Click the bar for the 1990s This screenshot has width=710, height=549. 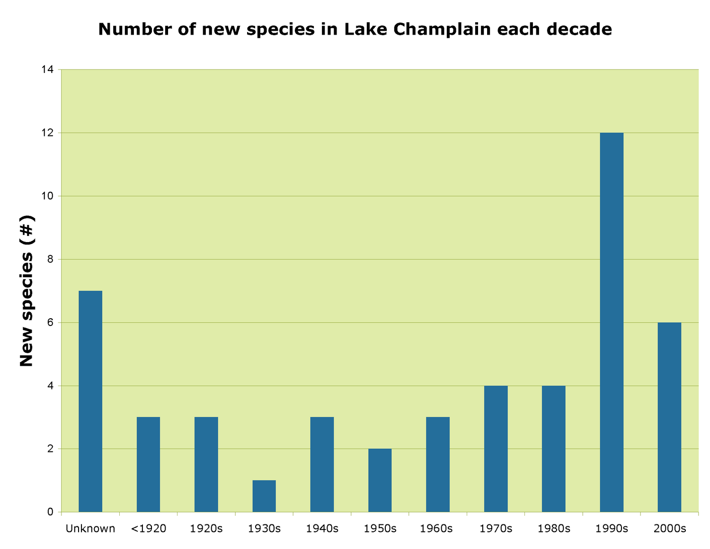point(612,322)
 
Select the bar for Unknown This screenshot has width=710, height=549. point(90,401)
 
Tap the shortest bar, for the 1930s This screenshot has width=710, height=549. point(264,496)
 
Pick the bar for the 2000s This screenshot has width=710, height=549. point(669,417)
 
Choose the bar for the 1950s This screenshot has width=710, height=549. point(380,480)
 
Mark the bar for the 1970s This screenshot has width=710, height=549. point(496,449)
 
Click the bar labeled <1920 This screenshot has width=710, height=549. point(148,464)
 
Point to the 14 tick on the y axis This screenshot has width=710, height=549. point(47,70)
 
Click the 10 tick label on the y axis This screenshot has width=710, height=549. point(47,196)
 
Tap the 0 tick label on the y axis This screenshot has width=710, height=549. point(50,512)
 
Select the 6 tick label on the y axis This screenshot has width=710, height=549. point(50,323)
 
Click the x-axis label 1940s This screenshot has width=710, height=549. point(322,529)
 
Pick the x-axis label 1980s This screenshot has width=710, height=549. point(554,529)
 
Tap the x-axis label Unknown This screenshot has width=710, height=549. point(90,529)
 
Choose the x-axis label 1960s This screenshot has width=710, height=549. point(438,529)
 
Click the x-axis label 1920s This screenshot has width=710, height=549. point(206,529)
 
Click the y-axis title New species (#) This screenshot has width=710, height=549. point(27,291)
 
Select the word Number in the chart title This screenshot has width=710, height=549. point(135,29)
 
